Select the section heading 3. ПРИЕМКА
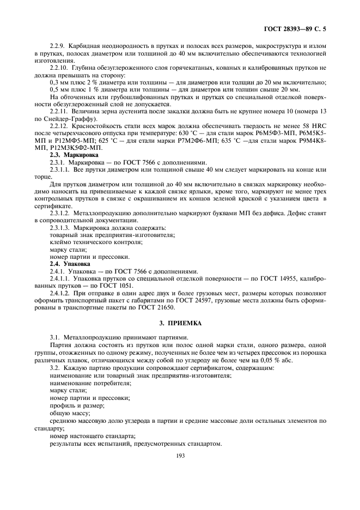(181, 323)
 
